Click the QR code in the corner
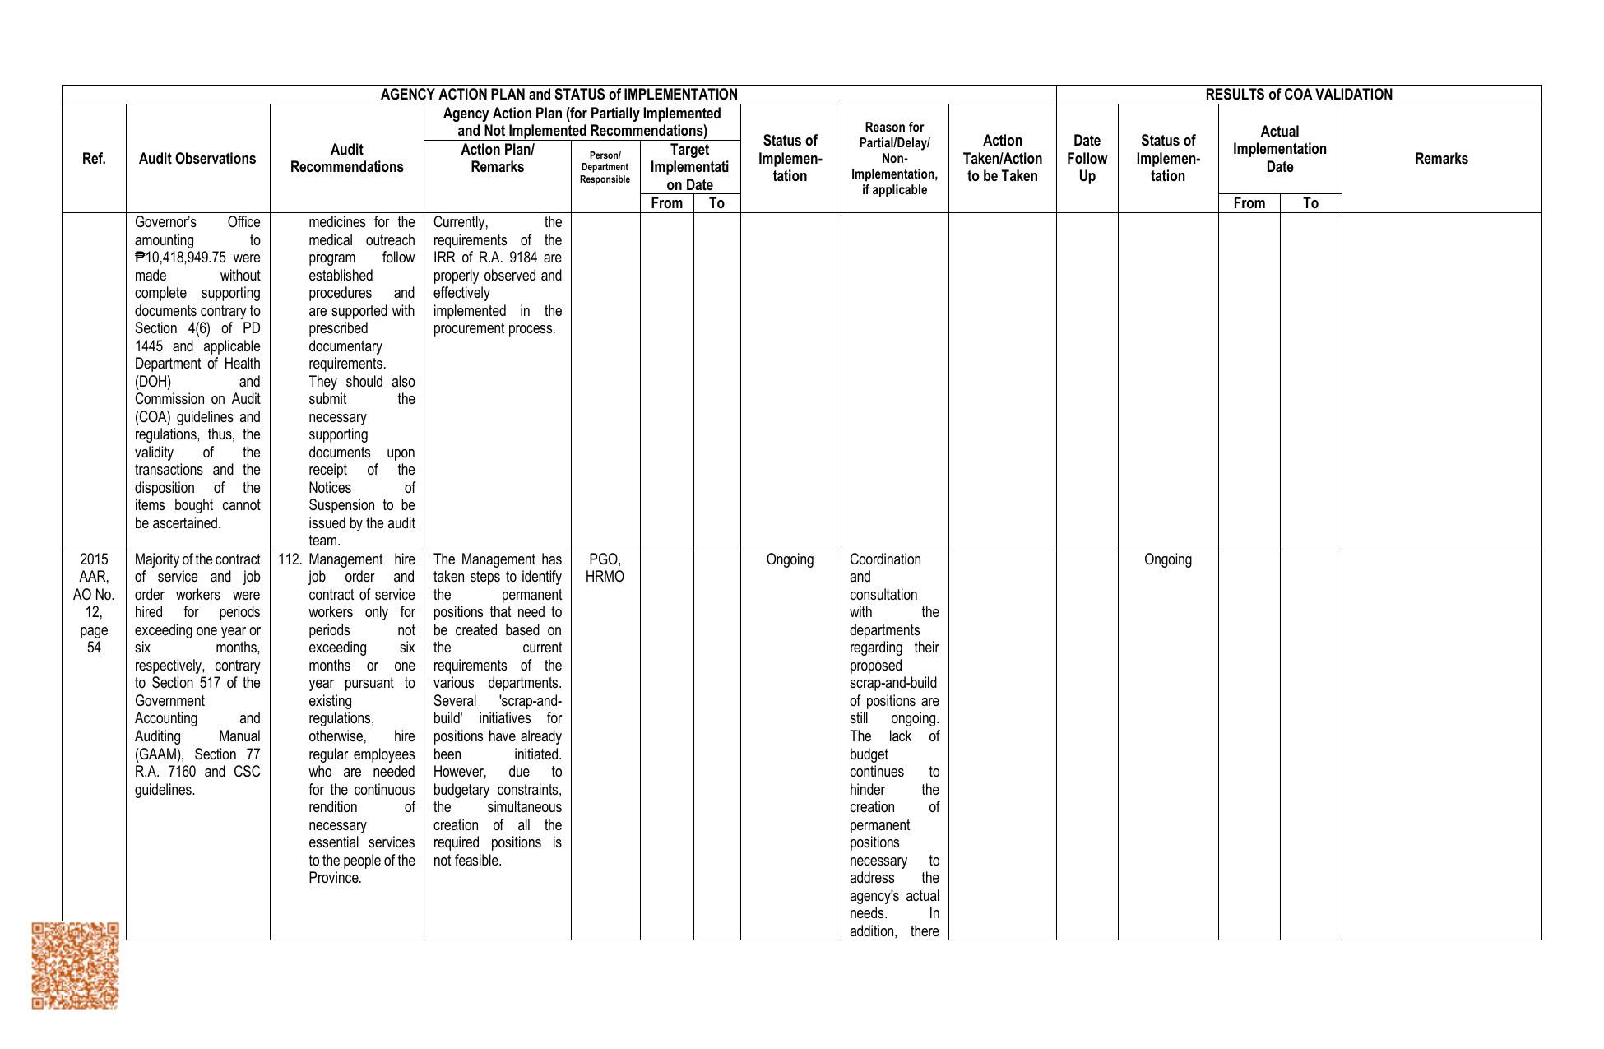[75, 965]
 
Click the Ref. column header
[94, 159]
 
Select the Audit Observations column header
[197, 159]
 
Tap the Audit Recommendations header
[346, 158]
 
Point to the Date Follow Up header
[1087, 158]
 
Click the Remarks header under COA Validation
[1441, 159]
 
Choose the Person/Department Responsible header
[605, 167]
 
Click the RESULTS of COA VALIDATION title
[1299, 95]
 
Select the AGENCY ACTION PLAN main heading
[559, 95]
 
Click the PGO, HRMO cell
[605, 568]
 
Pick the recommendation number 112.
[290, 559]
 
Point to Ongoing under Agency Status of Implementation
[790, 559]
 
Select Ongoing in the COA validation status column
[1167, 559]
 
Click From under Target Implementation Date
[666, 203]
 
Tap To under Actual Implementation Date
[1310, 203]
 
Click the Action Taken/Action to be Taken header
[1002, 158]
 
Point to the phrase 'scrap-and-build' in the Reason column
[893, 683]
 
